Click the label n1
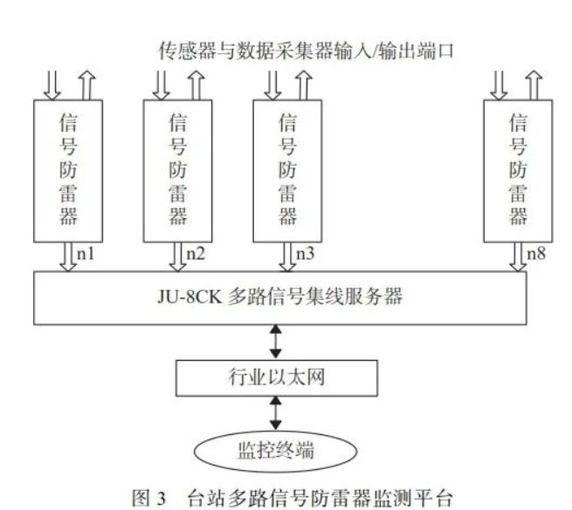pyautogui.click(x=86, y=254)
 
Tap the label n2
pyautogui.click(x=196, y=254)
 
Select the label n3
pyautogui.click(x=305, y=254)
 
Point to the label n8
pyautogui.click(x=536, y=254)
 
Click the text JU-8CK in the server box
pyautogui.click(x=190, y=297)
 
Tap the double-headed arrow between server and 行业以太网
pyautogui.click(x=275, y=342)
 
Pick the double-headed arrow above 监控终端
pyautogui.click(x=275, y=413)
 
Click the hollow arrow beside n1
pyautogui.click(x=68, y=257)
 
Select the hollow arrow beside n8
pyautogui.click(x=518, y=257)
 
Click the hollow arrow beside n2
pyautogui.click(x=177, y=257)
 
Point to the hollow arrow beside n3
pyautogui.click(x=287, y=257)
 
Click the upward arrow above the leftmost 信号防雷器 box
pyautogui.click(x=86, y=85)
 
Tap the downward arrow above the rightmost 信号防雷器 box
pyautogui.click(x=499, y=85)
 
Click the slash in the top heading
pyautogui.click(x=372, y=51)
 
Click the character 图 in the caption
pyautogui.click(x=141, y=498)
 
